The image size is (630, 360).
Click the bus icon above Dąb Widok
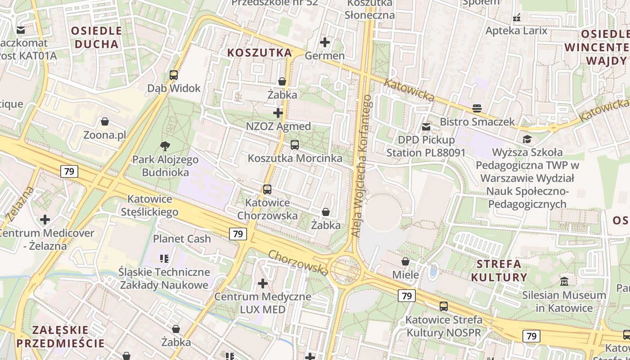(x=174, y=75)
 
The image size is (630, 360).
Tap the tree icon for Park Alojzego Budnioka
(x=165, y=146)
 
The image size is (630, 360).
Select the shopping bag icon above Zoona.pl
(x=105, y=121)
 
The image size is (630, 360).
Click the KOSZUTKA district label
(x=260, y=53)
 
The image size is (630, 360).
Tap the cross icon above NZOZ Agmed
(x=278, y=113)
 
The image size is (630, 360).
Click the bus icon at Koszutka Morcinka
(x=295, y=145)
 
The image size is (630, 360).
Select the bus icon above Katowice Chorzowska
(x=267, y=189)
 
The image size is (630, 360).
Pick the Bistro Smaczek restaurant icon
(x=477, y=108)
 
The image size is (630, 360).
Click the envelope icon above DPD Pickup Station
(x=426, y=127)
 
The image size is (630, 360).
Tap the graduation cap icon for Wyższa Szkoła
(x=526, y=139)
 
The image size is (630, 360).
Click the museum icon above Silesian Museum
(x=564, y=282)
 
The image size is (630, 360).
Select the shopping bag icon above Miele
(x=405, y=261)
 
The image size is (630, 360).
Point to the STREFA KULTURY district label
(x=499, y=270)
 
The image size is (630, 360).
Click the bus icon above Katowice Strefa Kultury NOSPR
(x=444, y=306)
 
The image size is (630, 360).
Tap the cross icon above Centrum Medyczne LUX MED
(x=263, y=283)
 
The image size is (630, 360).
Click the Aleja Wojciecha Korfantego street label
(x=361, y=166)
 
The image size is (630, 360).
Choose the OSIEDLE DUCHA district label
(x=97, y=37)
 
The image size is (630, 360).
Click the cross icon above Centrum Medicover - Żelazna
(x=45, y=220)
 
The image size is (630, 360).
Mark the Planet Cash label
(x=182, y=239)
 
